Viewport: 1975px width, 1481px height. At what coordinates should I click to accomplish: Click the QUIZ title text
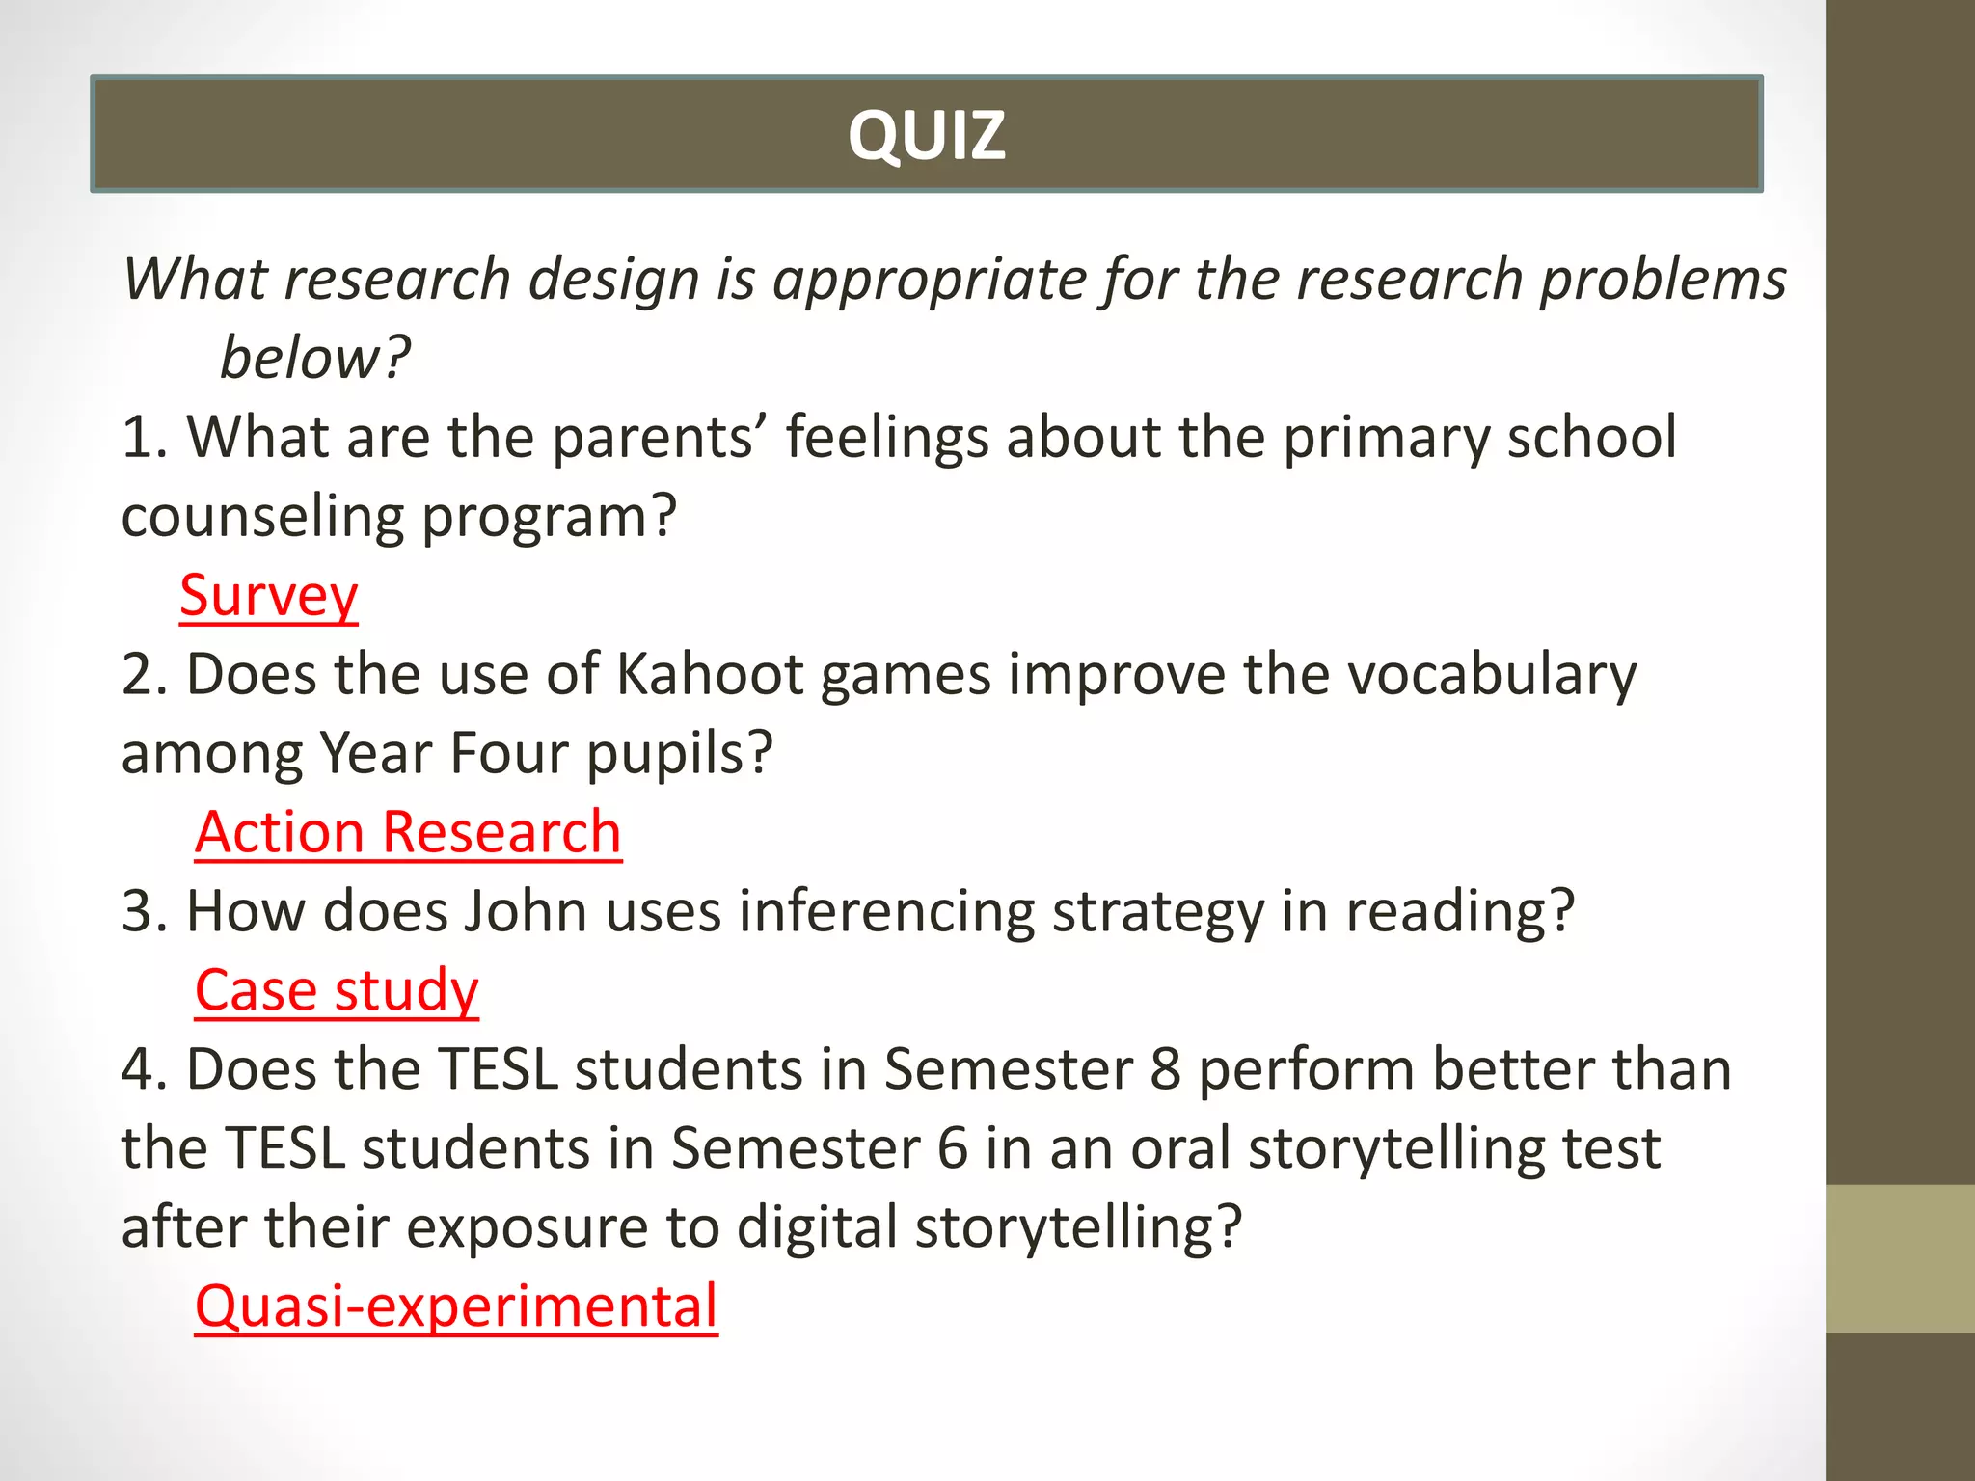click(x=926, y=135)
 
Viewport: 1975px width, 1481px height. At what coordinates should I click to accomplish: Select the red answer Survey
click(x=268, y=595)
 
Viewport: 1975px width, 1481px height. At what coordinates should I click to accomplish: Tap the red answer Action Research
click(x=408, y=831)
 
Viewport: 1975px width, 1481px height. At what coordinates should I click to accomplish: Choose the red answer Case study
click(x=337, y=989)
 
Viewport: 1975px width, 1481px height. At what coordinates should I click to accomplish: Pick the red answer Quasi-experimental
click(x=456, y=1306)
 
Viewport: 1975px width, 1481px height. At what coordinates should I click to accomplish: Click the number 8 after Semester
click(x=1165, y=1069)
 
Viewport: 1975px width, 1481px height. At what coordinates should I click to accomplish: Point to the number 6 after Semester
click(x=952, y=1148)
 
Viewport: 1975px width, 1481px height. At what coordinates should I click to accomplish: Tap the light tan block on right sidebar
click(x=1900, y=1258)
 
